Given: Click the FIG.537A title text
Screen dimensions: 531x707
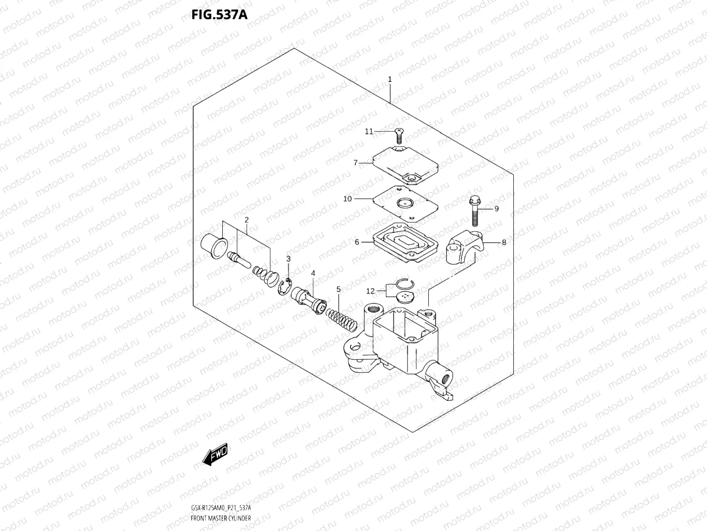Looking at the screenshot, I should tap(220, 15).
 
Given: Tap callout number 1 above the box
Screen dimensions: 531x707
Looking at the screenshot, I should tap(390, 79).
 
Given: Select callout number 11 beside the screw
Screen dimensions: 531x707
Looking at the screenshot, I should tap(369, 132).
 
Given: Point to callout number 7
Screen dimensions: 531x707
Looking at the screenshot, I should tap(356, 163).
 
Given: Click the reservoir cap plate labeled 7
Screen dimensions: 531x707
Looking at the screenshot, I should tap(406, 165).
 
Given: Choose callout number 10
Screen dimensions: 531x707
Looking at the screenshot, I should tap(347, 199).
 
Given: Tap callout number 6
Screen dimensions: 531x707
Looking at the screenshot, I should tap(357, 242).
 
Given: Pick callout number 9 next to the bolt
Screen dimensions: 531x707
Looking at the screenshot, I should tap(496, 209).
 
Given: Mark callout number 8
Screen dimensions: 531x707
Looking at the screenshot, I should tap(504, 242).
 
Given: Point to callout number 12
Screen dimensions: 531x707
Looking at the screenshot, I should tap(370, 291).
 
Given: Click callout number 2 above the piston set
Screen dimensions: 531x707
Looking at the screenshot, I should tap(247, 220).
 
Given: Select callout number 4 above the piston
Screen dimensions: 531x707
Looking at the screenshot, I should tap(313, 273).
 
